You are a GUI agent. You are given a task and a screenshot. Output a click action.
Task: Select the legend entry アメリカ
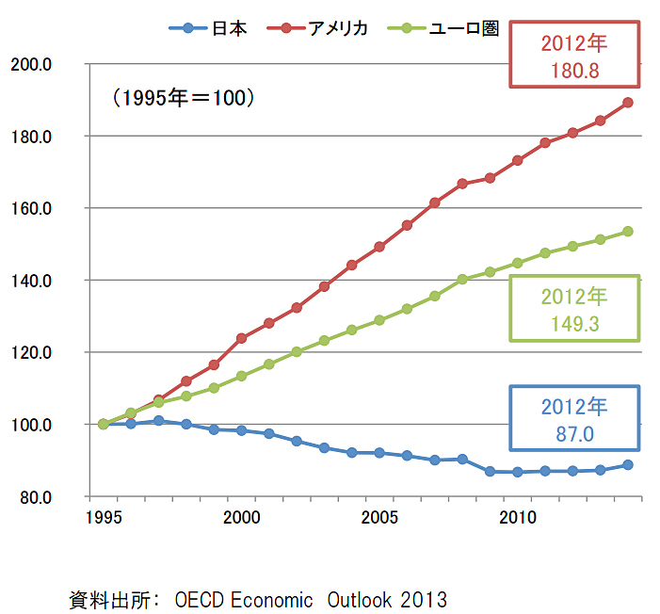(x=335, y=28)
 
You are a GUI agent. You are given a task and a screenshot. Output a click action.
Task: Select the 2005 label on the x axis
(x=379, y=517)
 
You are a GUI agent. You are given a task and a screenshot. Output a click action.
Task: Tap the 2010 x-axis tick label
(x=517, y=517)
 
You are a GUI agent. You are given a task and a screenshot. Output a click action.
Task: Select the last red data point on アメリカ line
(x=628, y=103)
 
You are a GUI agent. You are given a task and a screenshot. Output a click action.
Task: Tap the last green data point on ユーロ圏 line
(x=628, y=232)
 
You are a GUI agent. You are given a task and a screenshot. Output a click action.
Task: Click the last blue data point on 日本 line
(x=628, y=464)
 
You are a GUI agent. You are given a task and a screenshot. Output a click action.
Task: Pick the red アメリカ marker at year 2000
(x=241, y=338)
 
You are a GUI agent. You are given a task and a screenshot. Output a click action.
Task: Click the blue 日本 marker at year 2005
(x=379, y=453)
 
